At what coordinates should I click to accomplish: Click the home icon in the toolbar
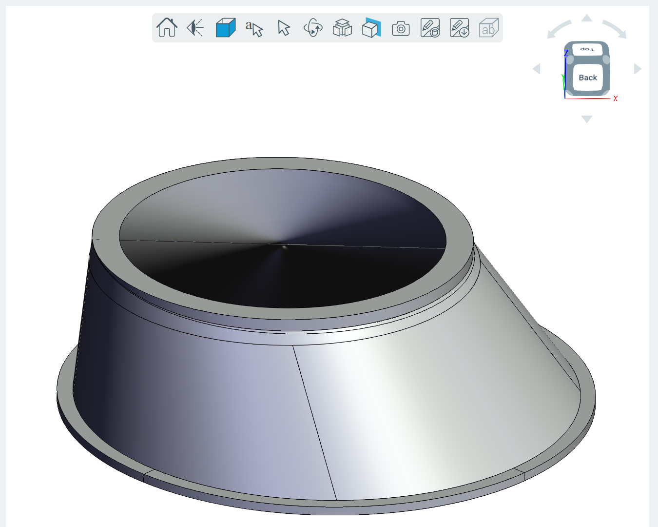[x=167, y=27]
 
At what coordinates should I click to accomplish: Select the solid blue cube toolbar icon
[x=226, y=27]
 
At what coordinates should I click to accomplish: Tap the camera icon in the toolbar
[x=401, y=28]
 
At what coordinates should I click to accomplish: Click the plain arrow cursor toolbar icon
[x=284, y=28]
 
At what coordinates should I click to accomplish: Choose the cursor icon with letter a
[x=254, y=28]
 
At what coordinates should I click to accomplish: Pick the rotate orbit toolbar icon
[x=313, y=28]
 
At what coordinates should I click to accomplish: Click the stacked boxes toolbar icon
[x=342, y=28]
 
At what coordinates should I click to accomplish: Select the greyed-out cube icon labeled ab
[x=488, y=28]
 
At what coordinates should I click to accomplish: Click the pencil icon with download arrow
[x=459, y=28]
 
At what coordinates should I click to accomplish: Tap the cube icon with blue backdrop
[x=371, y=28]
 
